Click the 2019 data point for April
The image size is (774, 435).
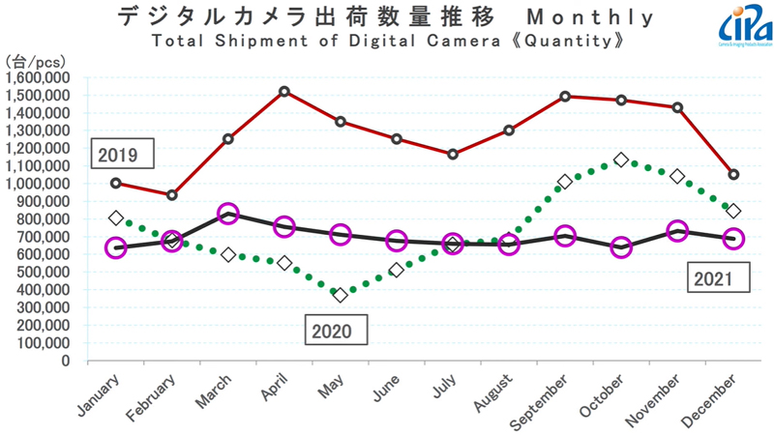[x=284, y=92]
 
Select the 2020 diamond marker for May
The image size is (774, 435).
[x=341, y=295]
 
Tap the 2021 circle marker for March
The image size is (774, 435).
[x=228, y=214]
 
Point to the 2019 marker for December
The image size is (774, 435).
[x=733, y=175]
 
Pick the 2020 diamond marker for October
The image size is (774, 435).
[x=621, y=159]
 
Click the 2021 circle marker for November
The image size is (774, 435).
[x=677, y=231]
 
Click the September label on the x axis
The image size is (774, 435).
[x=552, y=398]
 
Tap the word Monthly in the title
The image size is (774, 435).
[x=580, y=18]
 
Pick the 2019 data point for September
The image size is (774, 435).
[x=565, y=97]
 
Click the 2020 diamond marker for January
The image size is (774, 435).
[x=116, y=218]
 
